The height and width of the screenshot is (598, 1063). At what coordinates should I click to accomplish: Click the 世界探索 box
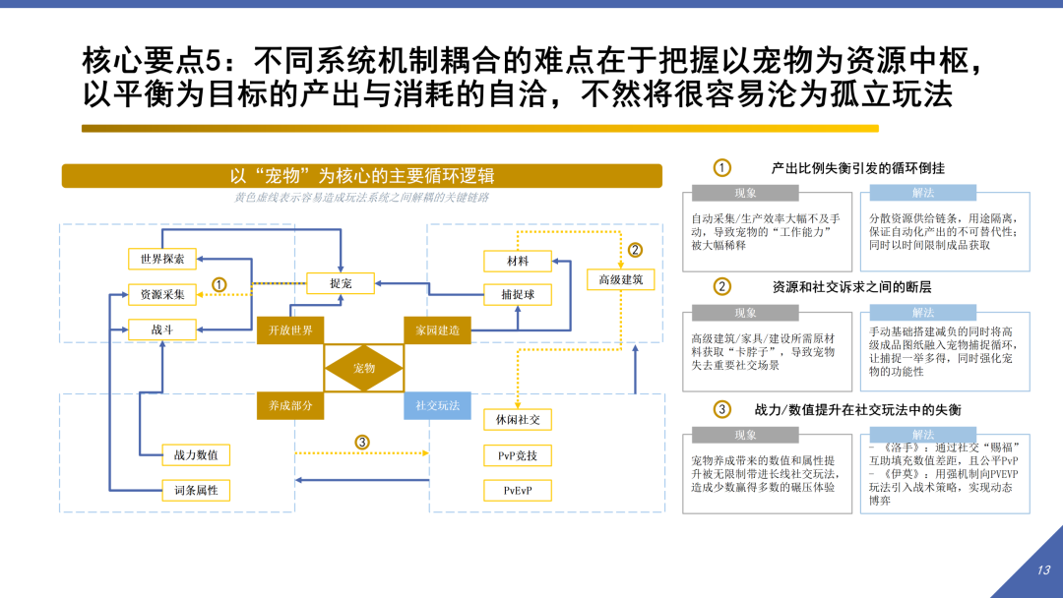[161, 259]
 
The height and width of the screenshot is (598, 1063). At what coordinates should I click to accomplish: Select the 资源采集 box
[161, 294]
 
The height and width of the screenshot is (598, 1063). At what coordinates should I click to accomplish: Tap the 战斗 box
[161, 329]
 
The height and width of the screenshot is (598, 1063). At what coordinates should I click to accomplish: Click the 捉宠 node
[341, 283]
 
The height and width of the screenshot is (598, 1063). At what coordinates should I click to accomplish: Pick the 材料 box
[518, 261]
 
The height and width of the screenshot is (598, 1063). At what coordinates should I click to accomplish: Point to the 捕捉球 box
[518, 294]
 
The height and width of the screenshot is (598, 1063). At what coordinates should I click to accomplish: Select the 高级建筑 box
[620, 280]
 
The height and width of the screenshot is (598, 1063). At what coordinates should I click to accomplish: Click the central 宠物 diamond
[364, 368]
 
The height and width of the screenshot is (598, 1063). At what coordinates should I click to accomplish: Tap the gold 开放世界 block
[290, 330]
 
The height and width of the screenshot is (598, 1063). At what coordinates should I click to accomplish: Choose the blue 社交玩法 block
[438, 405]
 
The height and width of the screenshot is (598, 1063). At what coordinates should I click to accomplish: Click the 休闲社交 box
[518, 420]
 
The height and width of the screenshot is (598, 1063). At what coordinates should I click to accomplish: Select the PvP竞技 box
[518, 454]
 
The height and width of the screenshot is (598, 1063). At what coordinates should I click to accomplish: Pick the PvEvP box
[518, 490]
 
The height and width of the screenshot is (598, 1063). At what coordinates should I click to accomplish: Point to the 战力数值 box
[196, 454]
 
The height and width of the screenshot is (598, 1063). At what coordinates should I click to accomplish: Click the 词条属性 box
[196, 490]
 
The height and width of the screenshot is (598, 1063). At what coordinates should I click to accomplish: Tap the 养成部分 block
[290, 405]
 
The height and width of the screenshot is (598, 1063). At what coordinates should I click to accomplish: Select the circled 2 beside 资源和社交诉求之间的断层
[722, 287]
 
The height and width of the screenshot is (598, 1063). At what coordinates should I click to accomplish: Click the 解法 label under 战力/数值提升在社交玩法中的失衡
[922, 435]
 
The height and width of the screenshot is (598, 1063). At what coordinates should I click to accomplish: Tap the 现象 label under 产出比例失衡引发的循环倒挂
[745, 193]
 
